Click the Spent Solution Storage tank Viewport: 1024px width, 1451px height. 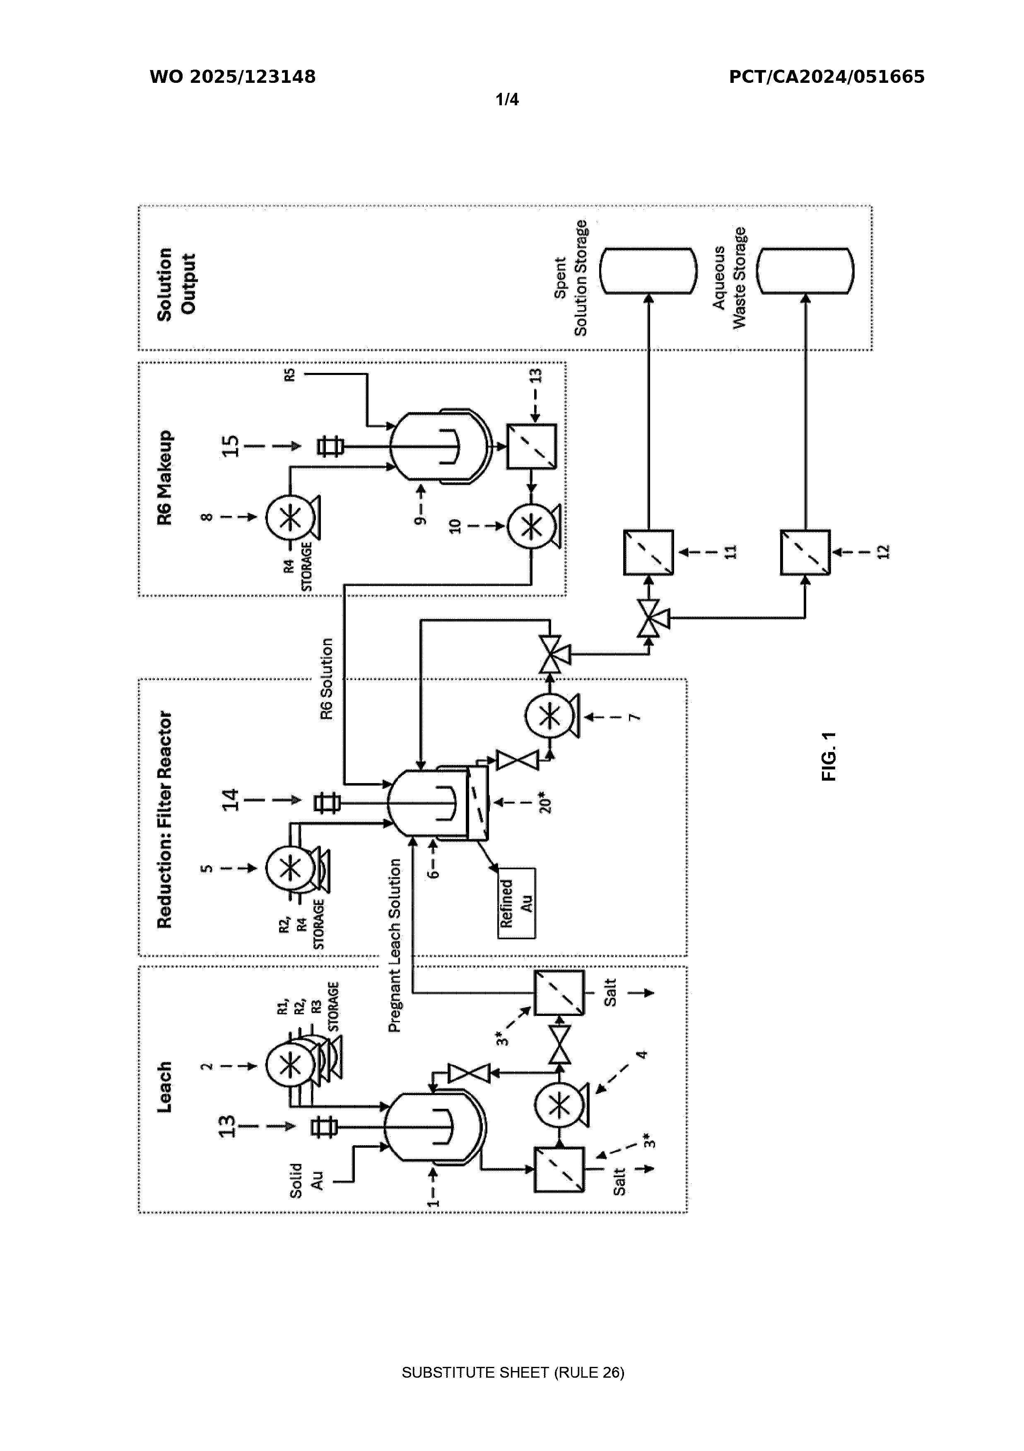coord(648,271)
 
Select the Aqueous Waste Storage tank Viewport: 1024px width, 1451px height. coord(805,271)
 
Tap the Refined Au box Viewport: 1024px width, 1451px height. coord(516,903)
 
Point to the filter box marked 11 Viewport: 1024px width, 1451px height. coord(648,552)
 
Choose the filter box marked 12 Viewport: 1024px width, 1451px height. coord(805,552)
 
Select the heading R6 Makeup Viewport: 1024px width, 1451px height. coord(164,477)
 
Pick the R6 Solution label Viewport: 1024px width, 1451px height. coord(326,679)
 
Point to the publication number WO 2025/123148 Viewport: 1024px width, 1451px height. coord(232,77)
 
